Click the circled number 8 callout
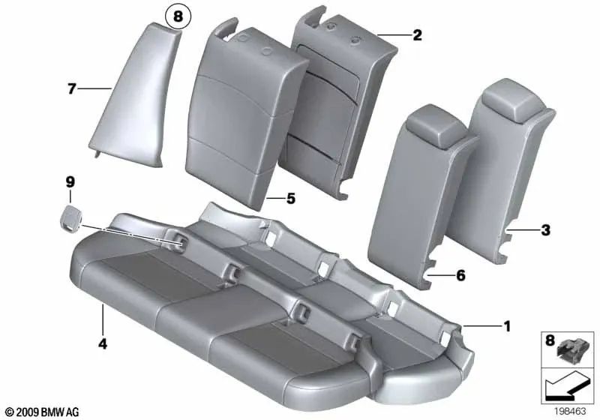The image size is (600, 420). click(178, 15)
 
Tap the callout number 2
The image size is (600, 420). click(417, 34)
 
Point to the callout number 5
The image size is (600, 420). click(291, 199)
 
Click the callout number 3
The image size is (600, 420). click(546, 229)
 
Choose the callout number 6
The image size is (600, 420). click(460, 276)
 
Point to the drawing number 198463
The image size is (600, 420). click(570, 412)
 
